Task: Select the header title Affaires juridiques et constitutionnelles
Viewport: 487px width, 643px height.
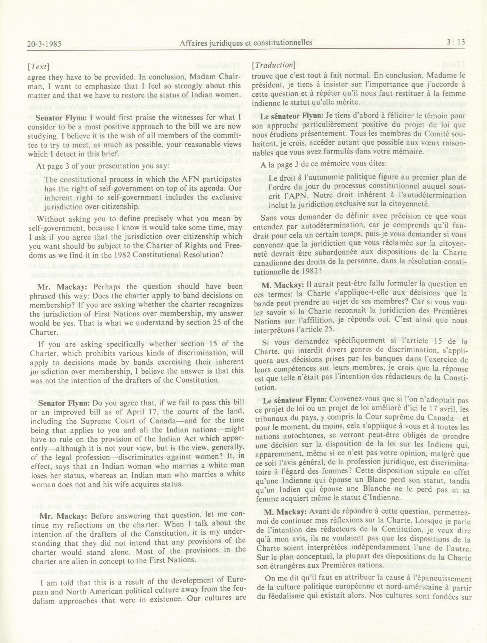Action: (246, 43)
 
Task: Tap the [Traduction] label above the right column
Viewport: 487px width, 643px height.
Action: (273, 65)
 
